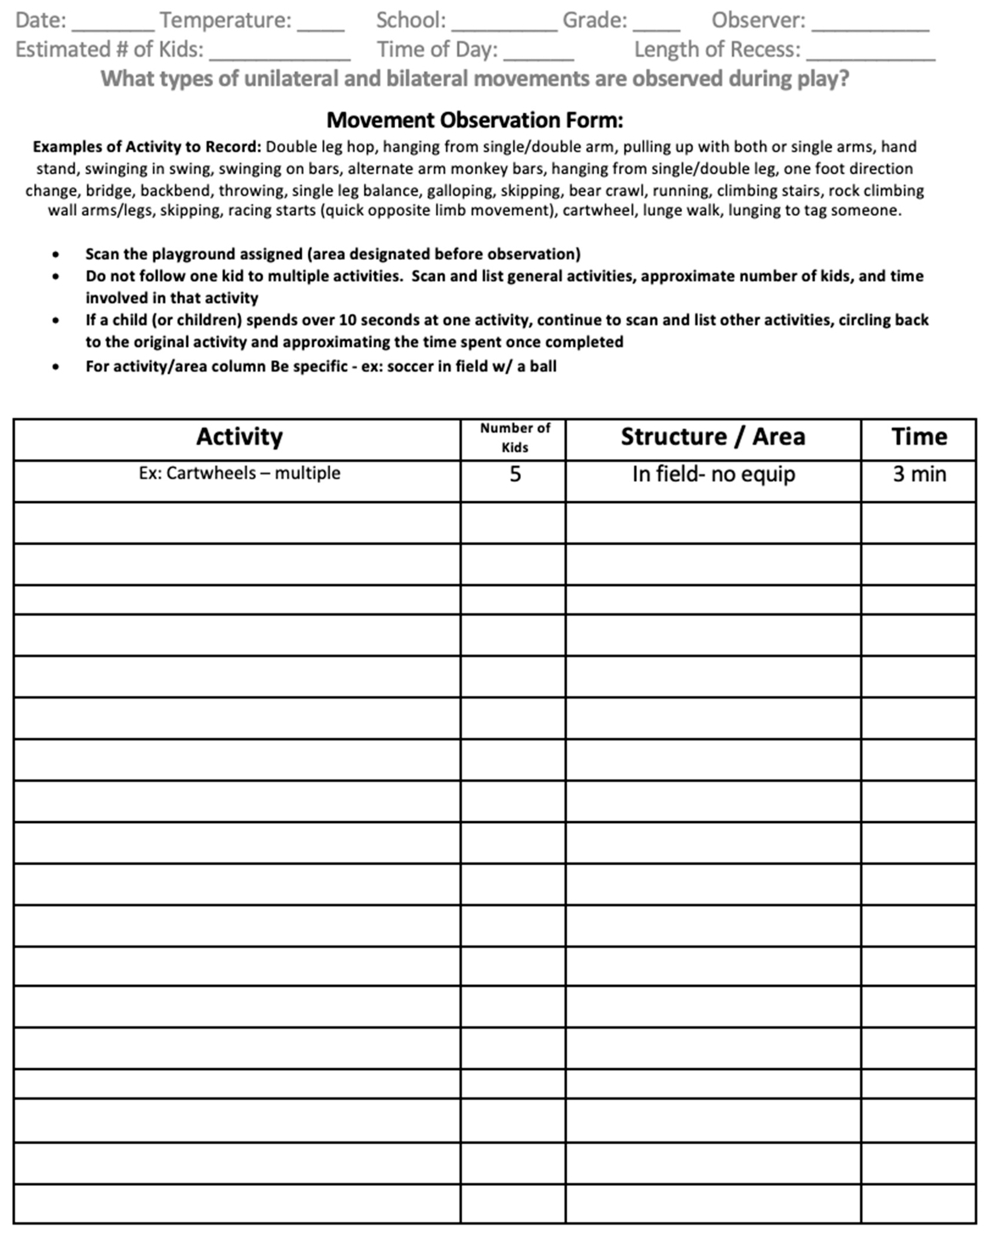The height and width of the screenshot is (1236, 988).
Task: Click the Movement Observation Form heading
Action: click(474, 120)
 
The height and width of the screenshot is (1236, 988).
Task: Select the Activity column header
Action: click(240, 437)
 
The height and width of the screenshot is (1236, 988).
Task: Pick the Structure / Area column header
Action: click(713, 437)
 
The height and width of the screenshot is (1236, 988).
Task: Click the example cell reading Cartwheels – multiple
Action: click(240, 474)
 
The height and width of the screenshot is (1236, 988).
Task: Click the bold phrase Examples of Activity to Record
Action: click(147, 147)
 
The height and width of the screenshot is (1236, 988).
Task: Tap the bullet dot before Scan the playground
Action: click(56, 254)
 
